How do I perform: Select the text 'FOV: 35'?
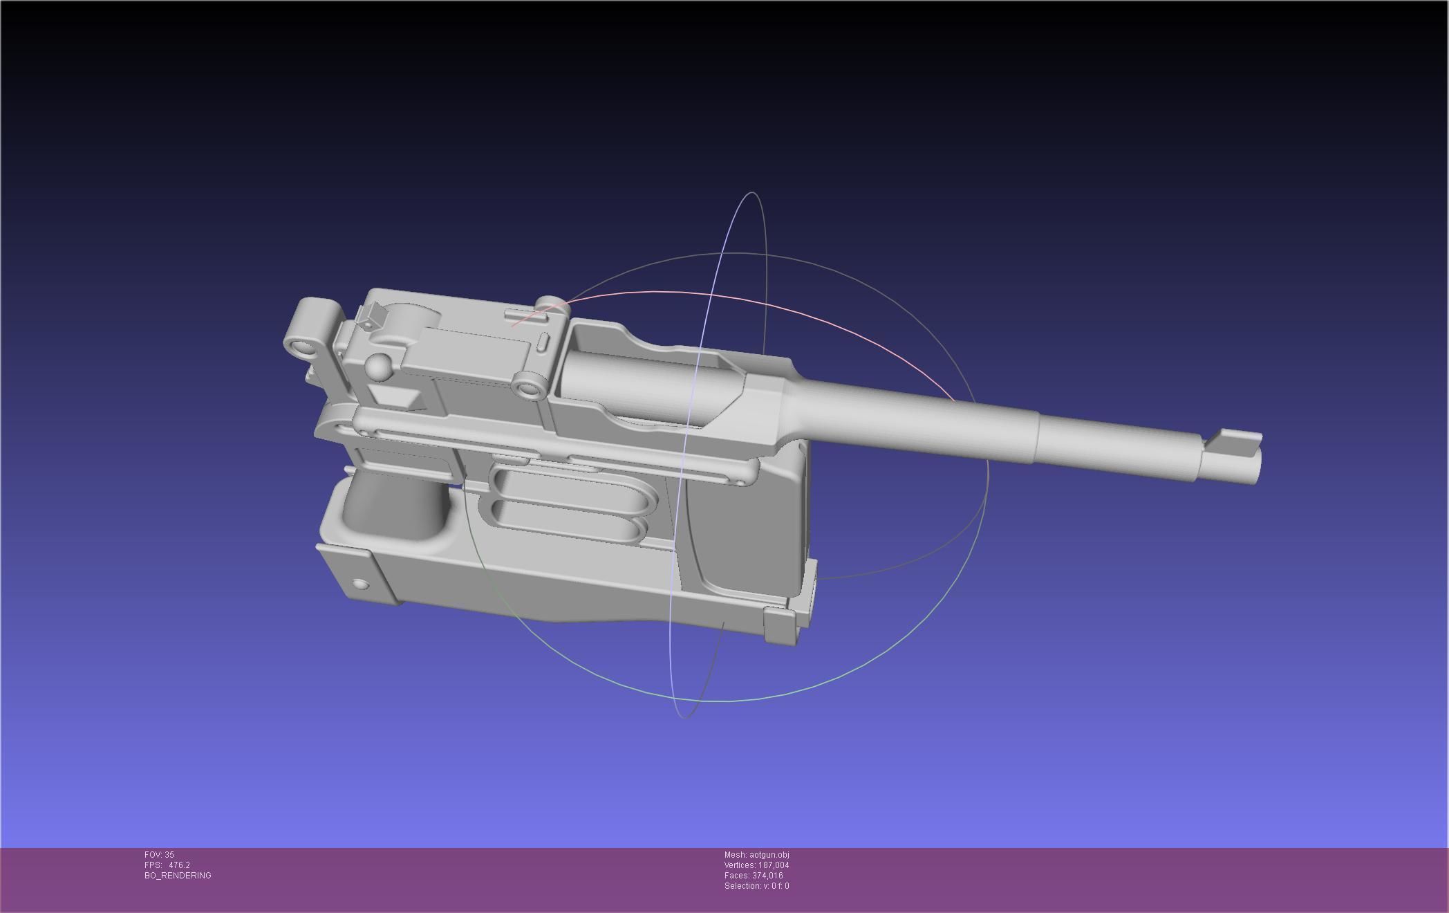tap(159, 855)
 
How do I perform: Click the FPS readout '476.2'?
tap(179, 865)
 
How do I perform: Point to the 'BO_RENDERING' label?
tap(178, 876)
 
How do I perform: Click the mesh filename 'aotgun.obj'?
tap(769, 855)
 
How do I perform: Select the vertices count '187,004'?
tap(774, 865)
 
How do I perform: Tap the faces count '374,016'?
tap(767, 876)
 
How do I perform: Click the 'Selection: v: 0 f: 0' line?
tap(756, 886)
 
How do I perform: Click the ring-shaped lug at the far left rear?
tap(301, 343)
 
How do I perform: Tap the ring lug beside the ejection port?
tap(531, 387)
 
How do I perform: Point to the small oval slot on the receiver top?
tap(543, 342)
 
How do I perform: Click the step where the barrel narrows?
tap(1037, 436)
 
